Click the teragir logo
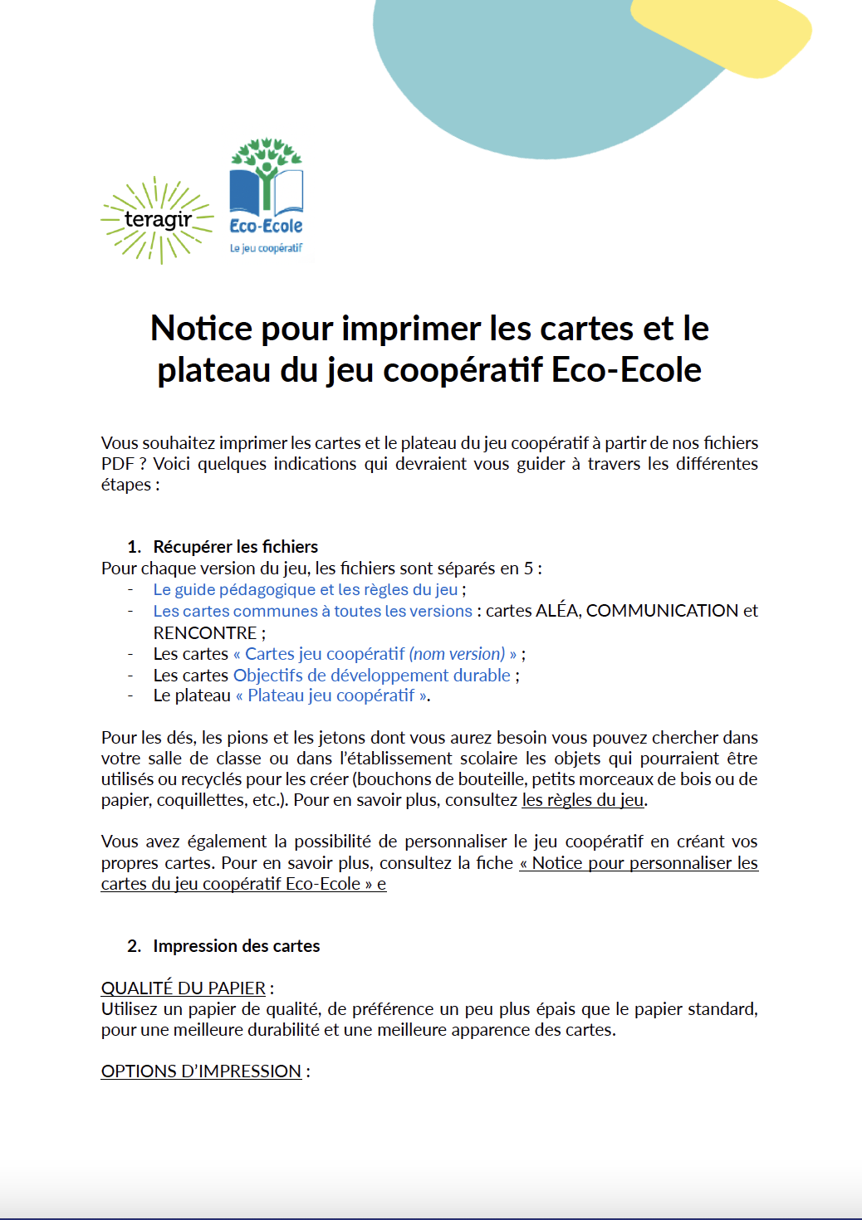click(x=157, y=220)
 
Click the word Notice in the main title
click(x=201, y=329)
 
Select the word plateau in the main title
click(x=214, y=370)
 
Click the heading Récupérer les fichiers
click(x=235, y=547)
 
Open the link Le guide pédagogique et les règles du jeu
click(x=305, y=590)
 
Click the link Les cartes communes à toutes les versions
click(x=312, y=612)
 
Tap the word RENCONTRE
click(x=205, y=633)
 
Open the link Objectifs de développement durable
click(x=371, y=676)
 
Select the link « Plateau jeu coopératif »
click(x=332, y=695)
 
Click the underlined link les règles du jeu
click(x=582, y=800)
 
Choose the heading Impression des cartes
click(x=236, y=946)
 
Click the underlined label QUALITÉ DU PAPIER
click(x=183, y=988)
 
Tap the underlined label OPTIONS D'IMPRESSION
click(x=201, y=1071)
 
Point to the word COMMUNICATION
click(x=662, y=611)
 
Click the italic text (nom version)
click(x=457, y=654)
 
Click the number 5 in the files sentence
click(x=528, y=569)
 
